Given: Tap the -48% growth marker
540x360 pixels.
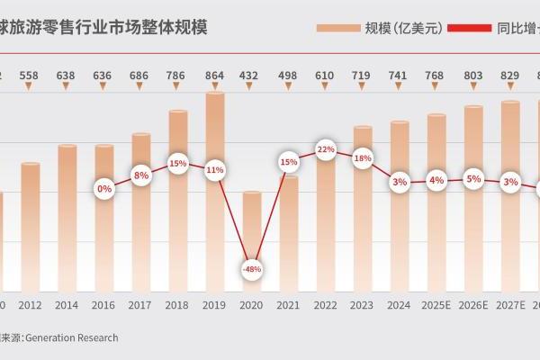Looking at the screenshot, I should pyautogui.click(x=252, y=269).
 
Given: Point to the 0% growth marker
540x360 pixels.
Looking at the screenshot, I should pyautogui.click(x=104, y=189).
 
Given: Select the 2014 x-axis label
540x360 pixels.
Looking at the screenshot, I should pyautogui.click(x=67, y=306).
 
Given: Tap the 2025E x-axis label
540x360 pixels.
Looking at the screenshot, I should pyautogui.click(x=436, y=306).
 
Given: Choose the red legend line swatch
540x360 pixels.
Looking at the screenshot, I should pyautogui.click(x=468, y=29).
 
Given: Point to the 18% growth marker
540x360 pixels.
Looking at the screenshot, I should pyautogui.click(x=363, y=158).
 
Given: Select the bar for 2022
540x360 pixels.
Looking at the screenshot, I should pyautogui.click(x=325, y=225).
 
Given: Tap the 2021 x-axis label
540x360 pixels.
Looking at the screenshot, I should pyautogui.click(x=289, y=306).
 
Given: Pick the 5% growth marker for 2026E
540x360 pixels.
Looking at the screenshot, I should pyautogui.click(x=473, y=179).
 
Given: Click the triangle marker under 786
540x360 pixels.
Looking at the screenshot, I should pyautogui.click(x=178, y=87).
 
